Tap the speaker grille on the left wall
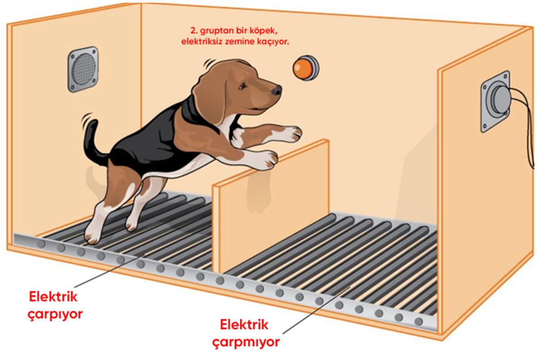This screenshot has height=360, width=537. pos(83,69)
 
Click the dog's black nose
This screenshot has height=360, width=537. pos(277,90)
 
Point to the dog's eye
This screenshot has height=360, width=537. pos(242,86)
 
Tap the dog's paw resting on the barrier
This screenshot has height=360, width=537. pos(268,159)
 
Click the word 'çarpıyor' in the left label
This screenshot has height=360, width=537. pos(55,314)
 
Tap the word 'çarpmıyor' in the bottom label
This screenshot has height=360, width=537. pos(246,343)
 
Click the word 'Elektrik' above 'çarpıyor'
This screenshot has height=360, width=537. pos(53,297)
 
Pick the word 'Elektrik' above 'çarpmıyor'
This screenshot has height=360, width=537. pos(244,325)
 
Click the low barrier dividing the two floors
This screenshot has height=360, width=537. pos(271,206)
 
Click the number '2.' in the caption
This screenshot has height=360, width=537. pos(194,31)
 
